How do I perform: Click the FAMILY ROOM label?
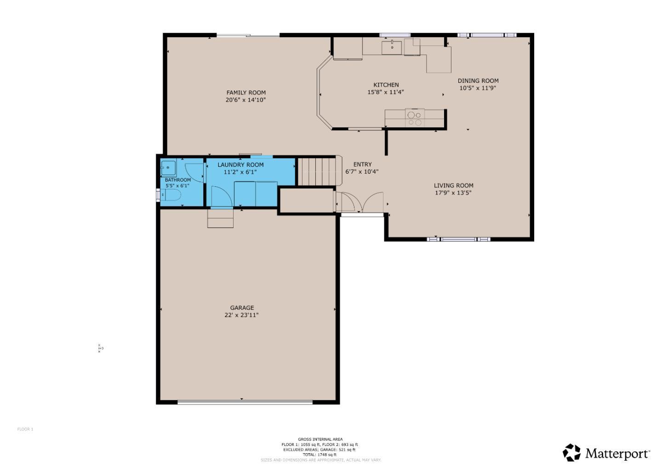coord(246,92)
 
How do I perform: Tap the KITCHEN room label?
coord(386,85)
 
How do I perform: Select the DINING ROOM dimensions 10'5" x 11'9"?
coord(478,88)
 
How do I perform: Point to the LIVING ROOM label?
coord(453,185)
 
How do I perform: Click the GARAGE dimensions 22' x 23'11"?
coord(242,315)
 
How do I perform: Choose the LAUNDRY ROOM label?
coord(240,165)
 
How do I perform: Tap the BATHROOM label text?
coord(178,180)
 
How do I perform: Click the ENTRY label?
coord(362,164)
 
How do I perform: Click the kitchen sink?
coord(392,47)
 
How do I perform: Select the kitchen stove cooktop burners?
coord(415,119)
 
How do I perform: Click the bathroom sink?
coord(167,168)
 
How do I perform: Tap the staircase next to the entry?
coord(319,171)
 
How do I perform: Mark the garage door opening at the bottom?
coord(245,403)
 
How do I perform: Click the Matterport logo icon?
coord(572,452)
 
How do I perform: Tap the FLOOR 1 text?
coord(25,429)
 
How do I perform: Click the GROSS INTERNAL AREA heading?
coord(320,439)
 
